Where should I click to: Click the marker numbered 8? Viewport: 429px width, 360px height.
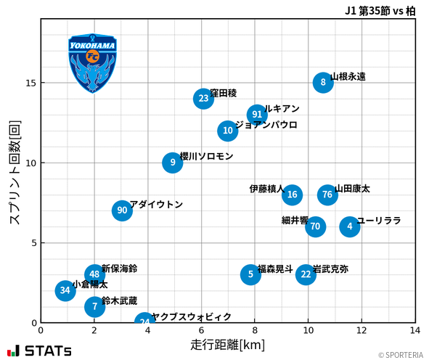pos(323,83)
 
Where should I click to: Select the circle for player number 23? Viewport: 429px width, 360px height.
pos(204,99)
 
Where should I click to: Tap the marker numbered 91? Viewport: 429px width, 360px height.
pos(257,115)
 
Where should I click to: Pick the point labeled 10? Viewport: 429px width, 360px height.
pos(228,131)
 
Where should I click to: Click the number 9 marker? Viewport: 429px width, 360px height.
pos(173,163)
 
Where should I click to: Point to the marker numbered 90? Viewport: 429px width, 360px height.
pos(122,210)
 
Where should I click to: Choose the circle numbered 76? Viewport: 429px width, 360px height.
pos(327,195)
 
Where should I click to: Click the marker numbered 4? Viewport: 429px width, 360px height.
pos(350,226)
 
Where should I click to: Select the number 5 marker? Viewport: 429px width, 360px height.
pos(250,274)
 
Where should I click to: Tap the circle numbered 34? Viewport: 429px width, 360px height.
pos(65,290)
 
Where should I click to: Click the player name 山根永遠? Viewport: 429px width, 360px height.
pos(348,76)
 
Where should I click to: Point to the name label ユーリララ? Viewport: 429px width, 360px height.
pos(379,221)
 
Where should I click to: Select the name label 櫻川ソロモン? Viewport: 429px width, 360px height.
pos(206,156)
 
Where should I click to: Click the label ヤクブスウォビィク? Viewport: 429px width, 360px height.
pos(192,317)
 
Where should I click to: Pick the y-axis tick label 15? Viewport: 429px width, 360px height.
pos(30,83)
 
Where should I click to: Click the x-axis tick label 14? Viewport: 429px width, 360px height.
pos(415,330)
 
